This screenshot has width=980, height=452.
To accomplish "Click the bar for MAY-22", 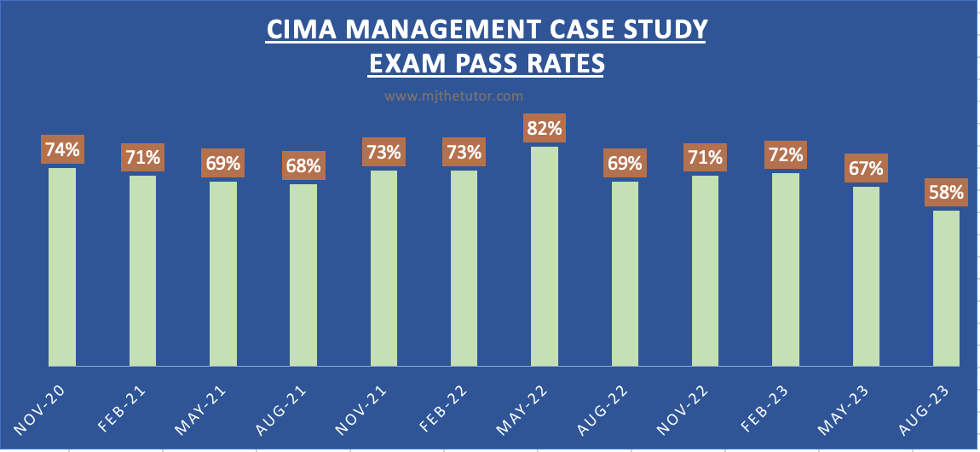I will coord(545,256).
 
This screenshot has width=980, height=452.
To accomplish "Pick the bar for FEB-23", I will coord(786,269).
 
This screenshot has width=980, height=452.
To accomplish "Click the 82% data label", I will coord(545,129).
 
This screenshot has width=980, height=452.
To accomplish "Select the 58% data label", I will coord(946,193).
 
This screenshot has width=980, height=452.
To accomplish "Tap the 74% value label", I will coord(62,150).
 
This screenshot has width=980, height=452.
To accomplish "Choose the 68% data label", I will coord(303,165).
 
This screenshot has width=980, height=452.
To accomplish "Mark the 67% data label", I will coord(866,168).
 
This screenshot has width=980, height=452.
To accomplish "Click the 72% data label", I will coord(786,155).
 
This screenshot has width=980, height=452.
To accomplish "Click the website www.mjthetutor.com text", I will coord(453,96).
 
